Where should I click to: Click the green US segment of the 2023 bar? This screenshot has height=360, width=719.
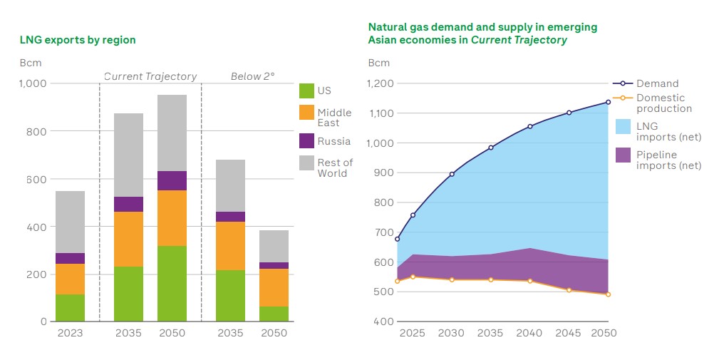click(70, 308)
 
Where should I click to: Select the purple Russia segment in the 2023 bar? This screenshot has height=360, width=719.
click(70, 258)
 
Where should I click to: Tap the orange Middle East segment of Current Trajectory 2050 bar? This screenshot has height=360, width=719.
click(172, 218)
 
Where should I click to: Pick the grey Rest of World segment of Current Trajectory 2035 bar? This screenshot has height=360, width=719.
click(128, 155)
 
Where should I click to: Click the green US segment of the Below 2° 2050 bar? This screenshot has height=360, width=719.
click(274, 314)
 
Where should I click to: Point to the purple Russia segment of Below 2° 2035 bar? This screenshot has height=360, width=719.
click(230, 217)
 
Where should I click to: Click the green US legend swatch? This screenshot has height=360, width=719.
click(306, 91)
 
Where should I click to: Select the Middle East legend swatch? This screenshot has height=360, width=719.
click(306, 113)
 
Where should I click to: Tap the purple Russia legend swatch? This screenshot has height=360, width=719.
click(306, 141)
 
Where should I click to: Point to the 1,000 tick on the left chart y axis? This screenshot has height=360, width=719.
click(33, 83)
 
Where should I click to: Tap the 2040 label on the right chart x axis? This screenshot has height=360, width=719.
click(529, 333)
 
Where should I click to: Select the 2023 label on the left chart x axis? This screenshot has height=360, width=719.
click(70, 333)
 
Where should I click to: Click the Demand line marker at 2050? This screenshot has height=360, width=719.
click(608, 102)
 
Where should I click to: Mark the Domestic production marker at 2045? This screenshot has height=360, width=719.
click(569, 289)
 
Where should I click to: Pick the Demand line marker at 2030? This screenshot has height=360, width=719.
click(452, 174)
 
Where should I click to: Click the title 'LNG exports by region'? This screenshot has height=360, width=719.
click(78, 40)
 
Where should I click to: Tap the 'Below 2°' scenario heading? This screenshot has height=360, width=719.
click(252, 76)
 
